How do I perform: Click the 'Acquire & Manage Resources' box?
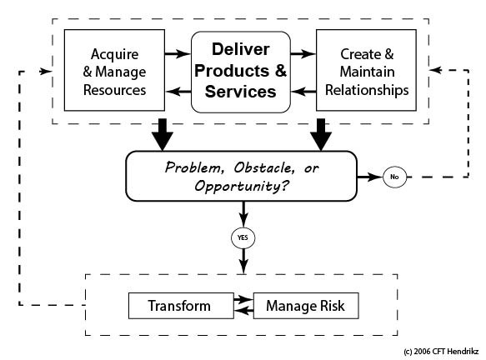point(114,70)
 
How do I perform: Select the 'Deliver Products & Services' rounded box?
point(241,72)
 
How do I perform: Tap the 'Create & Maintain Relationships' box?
point(366,70)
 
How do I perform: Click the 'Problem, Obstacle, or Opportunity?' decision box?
point(242,177)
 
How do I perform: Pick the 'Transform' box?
point(181,306)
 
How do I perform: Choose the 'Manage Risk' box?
point(306,306)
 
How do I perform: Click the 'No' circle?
point(394,177)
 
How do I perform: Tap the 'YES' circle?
point(243,238)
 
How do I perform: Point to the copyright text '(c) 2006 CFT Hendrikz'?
point(441,352)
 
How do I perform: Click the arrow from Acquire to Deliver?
point(178,54)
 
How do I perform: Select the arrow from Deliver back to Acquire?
point(178,91)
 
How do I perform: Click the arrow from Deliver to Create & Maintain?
point(303,54)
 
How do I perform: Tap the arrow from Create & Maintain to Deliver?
point(303,91)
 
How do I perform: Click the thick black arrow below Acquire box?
point(163,135)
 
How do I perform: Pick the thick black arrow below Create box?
point(321,135)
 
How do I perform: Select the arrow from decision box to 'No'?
point(370,177)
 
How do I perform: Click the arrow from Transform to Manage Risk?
point(243,299)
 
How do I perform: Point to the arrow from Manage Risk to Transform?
point(243,311)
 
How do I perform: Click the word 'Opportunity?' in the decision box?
point(242,186)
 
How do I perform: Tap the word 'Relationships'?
point(367,90)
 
